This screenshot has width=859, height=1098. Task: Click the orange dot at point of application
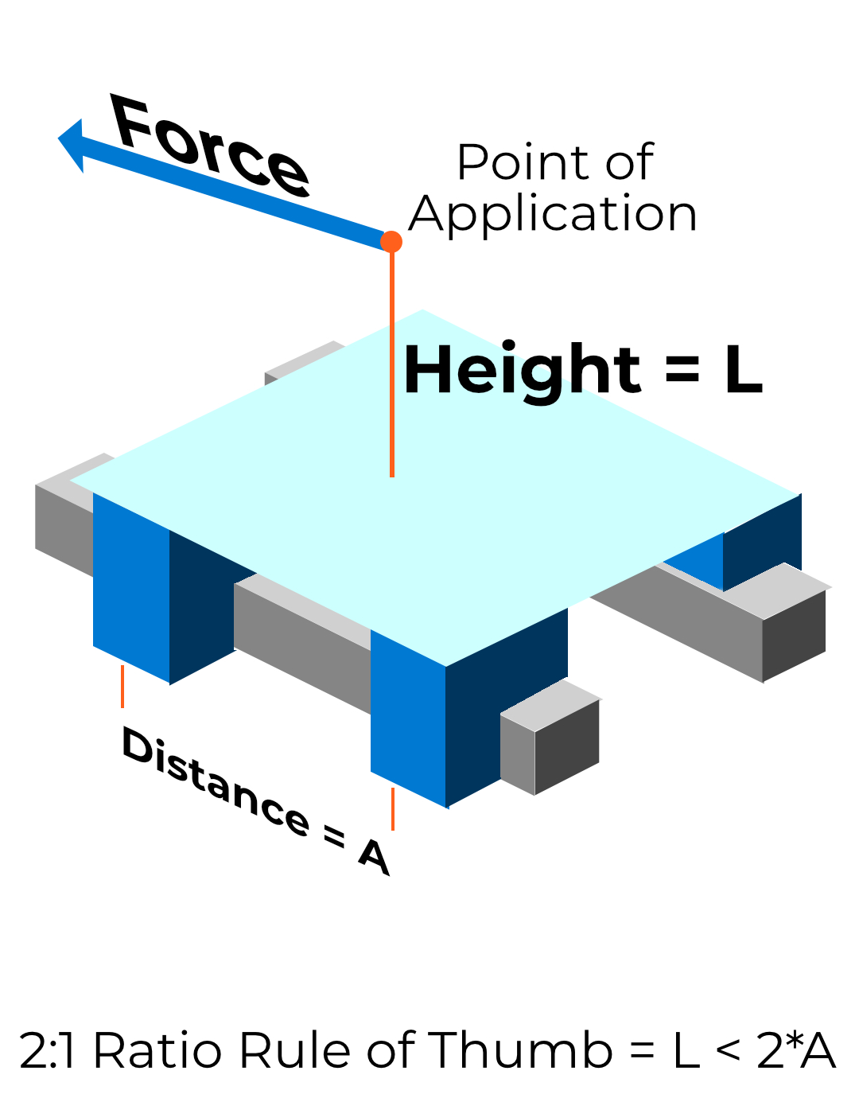391,241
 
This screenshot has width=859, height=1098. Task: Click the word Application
553,214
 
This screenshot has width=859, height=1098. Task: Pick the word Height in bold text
522,370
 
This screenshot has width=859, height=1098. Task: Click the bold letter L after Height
743,371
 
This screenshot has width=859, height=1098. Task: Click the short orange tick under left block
122,686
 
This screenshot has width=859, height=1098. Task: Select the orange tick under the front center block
392,808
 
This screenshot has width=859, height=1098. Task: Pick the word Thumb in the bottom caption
521,1050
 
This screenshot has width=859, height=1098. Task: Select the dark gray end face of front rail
566,746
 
